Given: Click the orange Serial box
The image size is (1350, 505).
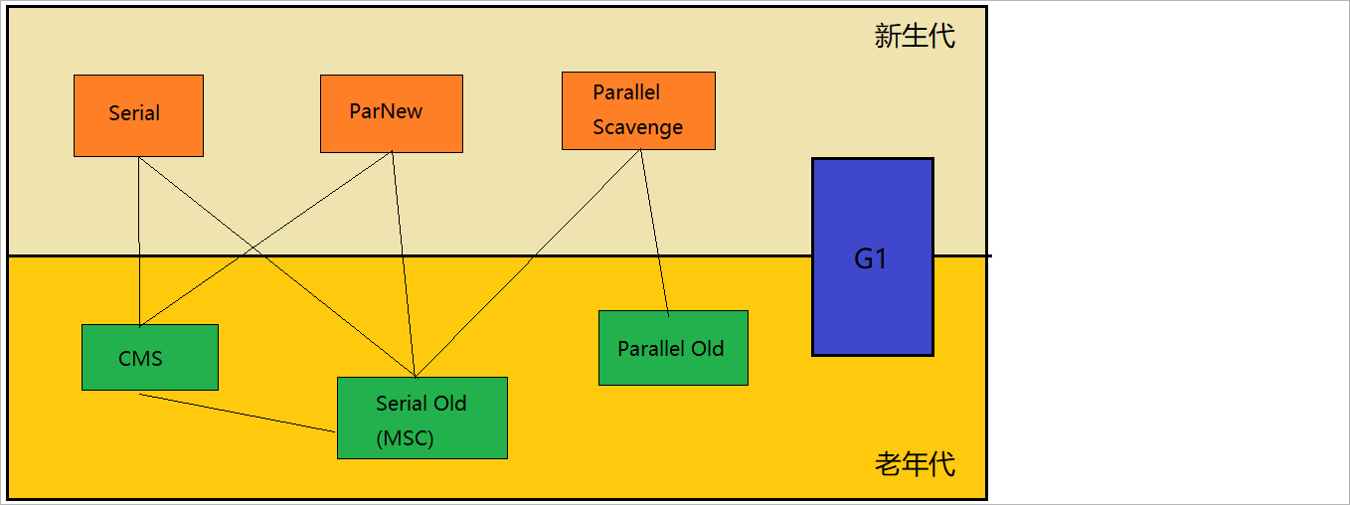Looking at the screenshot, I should point(138,115).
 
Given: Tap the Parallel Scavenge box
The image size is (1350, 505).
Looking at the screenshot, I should point(638,110).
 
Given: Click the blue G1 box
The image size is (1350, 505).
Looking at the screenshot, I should point(872,256).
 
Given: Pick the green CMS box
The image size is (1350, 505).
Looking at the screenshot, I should point(149,358).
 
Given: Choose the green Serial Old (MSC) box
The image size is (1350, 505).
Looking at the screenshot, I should point(422,419).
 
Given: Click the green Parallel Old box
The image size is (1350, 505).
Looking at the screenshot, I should point(672,348).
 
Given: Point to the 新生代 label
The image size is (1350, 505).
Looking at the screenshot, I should point(915,37).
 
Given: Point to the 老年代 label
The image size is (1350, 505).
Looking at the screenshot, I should point(915,463).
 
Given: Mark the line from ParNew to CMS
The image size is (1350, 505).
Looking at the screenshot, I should point(266,238).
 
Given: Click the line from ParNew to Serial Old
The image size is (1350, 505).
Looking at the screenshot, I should point(404,264).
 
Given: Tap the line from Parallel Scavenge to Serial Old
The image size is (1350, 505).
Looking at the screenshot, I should point(528,263).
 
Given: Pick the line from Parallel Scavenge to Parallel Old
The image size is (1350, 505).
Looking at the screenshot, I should point(654,233).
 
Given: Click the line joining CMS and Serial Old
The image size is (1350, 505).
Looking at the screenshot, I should point(239,414).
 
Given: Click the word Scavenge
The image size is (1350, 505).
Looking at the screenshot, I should point(637,127).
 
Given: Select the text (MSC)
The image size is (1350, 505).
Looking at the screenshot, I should point(405,438).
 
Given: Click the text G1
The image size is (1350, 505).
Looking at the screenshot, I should point(871,259).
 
